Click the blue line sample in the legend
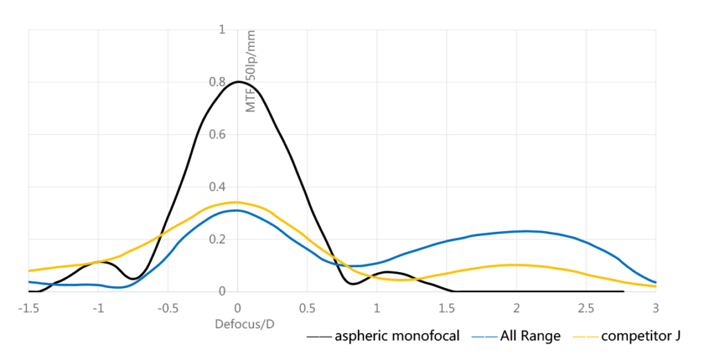pos(484,337)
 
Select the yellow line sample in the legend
pos(586,337)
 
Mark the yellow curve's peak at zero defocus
pos(237,202)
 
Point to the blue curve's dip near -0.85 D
pos(120,287)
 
